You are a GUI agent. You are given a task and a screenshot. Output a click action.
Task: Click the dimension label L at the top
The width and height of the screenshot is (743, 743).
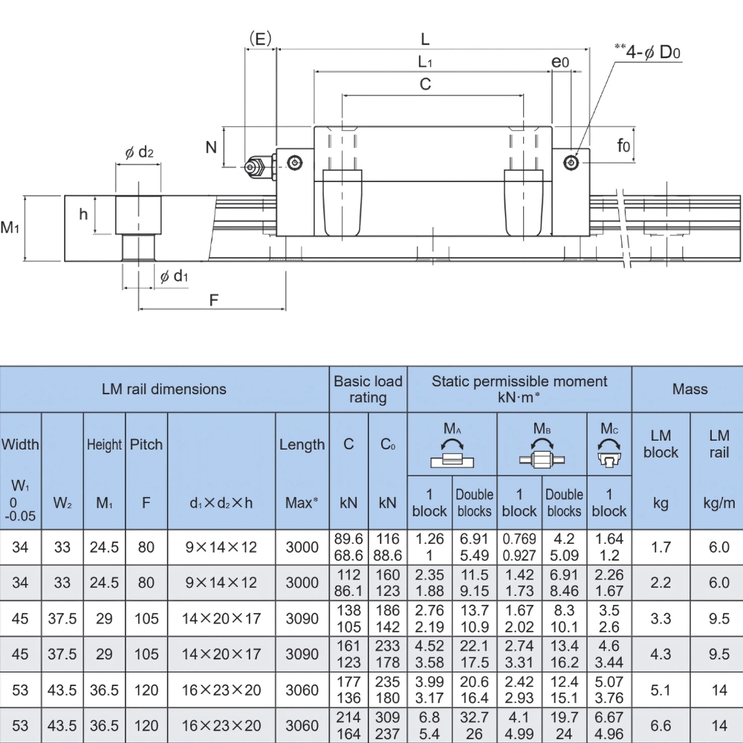(424, 39)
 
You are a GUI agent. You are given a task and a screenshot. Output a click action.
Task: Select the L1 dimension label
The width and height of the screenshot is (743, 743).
(425, 62)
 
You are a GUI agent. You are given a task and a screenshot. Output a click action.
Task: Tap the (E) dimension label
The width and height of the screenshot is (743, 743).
(260, 39)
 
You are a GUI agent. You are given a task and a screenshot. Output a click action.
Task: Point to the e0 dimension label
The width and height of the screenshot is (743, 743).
(561, 62)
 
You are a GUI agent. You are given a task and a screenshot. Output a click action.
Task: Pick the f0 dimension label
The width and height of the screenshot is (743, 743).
(623, 146)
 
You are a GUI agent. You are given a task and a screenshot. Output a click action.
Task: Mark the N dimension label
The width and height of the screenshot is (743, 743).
(212, 146)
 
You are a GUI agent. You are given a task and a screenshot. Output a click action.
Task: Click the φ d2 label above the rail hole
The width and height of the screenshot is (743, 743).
(138, 152)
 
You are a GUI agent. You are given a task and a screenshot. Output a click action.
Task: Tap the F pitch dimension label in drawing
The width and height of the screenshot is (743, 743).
(213, 300)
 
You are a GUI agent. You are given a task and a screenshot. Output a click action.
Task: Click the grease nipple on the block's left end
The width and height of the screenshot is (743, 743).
(256, 167)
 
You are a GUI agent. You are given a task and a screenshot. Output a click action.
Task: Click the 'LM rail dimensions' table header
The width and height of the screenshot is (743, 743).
(164, 389)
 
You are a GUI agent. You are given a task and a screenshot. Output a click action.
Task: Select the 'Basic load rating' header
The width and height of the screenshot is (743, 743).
(368, 389)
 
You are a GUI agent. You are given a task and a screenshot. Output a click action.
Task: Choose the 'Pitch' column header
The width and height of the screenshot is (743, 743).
(146, 444)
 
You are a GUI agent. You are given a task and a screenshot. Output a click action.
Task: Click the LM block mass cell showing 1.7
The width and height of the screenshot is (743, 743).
(661, 547)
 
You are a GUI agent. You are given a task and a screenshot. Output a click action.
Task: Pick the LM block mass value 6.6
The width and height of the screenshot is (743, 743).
(661, 725)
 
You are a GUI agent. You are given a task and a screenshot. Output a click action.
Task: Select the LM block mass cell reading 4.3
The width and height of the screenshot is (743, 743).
(661, 654)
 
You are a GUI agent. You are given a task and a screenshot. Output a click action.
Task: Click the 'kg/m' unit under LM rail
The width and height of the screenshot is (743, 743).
(718, 503)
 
